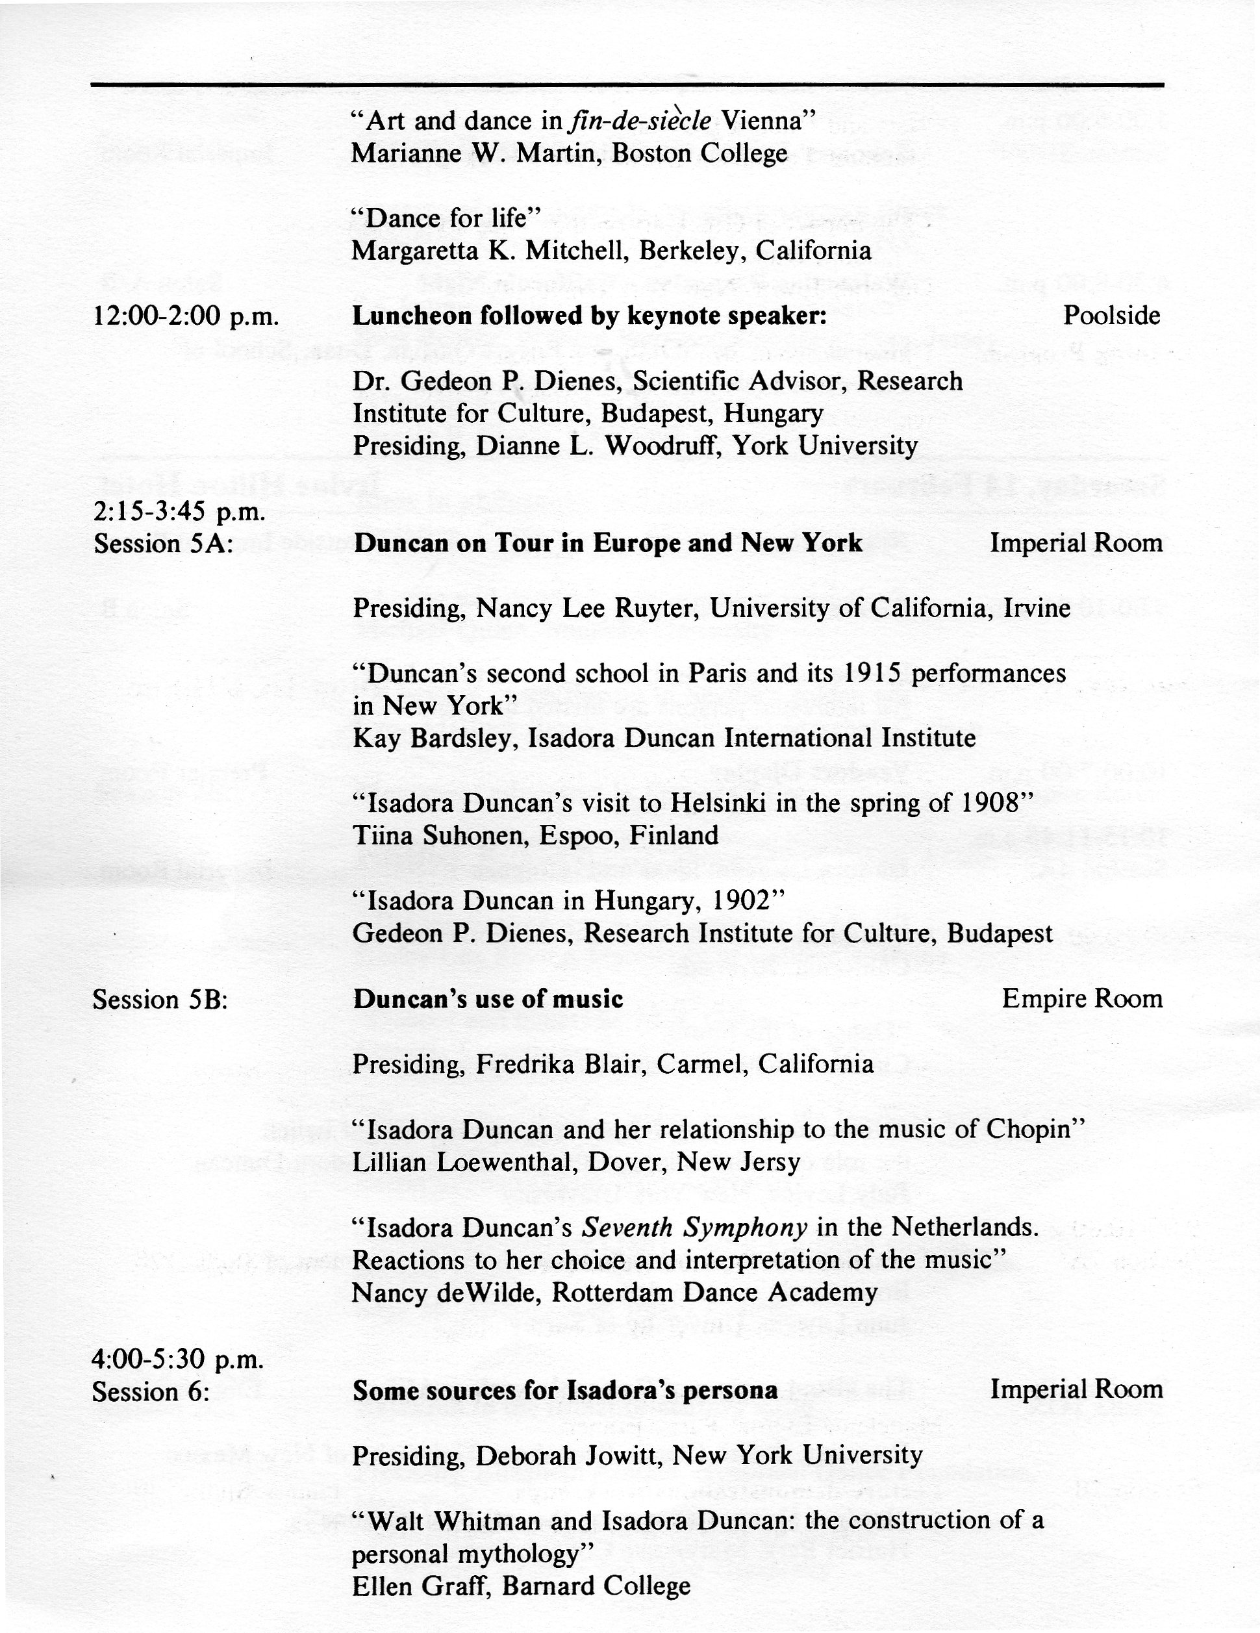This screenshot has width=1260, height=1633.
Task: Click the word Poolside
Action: pyautogui.click(x=1111, y=316)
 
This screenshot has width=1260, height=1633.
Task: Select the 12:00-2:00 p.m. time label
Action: pyautogui.click(x=186, y=317)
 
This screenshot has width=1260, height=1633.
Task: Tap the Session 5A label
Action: pyautogui.click(x=163, y=544)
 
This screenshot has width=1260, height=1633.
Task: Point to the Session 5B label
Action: pyautogui.click(x=160, y=1000)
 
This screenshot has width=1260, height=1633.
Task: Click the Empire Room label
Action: pyautogui.click(x=1082, y=999)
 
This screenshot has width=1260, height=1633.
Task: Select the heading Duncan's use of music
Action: pyautogui.click(x=488, y=999)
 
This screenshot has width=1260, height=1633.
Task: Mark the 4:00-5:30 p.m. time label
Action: pyautogui.click(x=178, y=1360)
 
